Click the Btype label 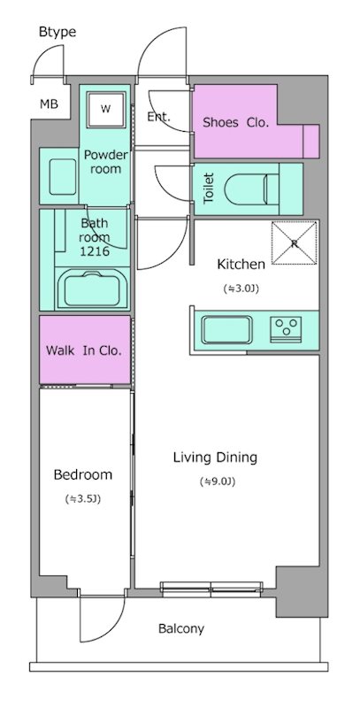(x=57, y=33)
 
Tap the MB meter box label (x=49, y=104)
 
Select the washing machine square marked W (x=105, y=109)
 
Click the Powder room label (x=106, y=162)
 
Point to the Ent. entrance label (x=159, y=117)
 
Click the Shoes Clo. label (x=235, y=122)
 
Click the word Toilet (x=209, y=188)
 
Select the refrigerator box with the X (x=295, y=242)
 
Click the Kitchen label (x=241, y=264)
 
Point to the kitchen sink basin (x=227, y=329)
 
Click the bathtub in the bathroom (x=94, y=289)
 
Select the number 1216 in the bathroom (x=95, y=251)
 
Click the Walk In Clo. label (x=84, y=350)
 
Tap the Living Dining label (x=215, y=458)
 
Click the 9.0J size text (x=218, y=482)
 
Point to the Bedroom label (x=83, y=475)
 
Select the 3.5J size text (x=83, y=499)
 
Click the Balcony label (x=181, y=628)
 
